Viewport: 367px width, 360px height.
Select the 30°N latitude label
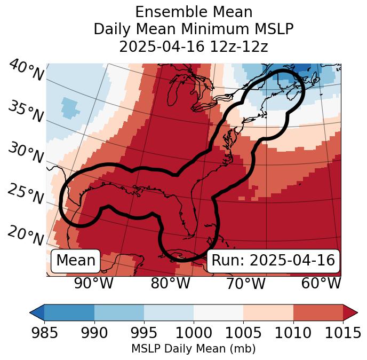[x=26, y=153]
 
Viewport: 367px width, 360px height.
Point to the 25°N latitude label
[x=26, y=194]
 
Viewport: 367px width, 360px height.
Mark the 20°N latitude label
[x=26, y=236]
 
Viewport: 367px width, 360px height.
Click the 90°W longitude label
[x=93, y=283]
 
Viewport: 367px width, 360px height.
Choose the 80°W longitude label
[x=170, y=283]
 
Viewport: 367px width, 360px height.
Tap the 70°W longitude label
[x=245, y=283]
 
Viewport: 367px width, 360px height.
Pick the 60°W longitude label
[x=321, y=283]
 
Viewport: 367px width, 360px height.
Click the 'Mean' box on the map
[x=76, y=261]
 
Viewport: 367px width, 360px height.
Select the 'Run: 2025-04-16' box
[x=273, y=261]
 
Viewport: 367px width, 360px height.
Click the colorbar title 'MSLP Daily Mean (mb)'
[x=194, y=349]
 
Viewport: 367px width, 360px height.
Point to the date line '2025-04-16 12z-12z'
[x=194, y=46]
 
